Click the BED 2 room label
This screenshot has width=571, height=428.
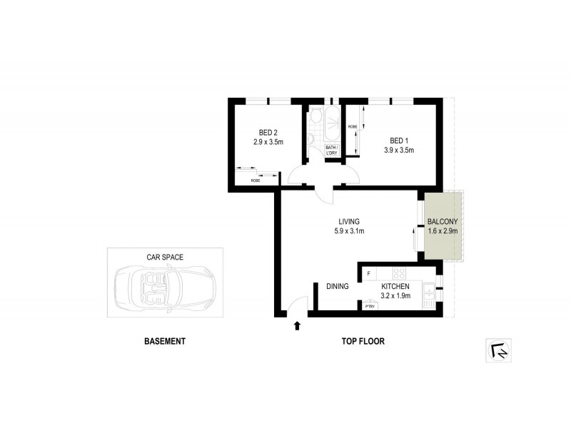pyautogui.click(x=268, y=131)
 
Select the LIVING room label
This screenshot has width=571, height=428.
pyautogui.click(x=350, y=221)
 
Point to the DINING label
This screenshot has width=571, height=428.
pyautogui.click(x=338, y=287)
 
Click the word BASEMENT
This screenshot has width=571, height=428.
pyautogui.click(x=165, y=342)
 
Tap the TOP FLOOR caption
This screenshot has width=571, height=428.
pyautogui.click(x=363, y=342)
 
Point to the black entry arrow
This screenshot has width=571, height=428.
pyautogui.click(x=297, y=327)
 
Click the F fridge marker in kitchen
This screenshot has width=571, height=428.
pyautogui.click(x=368, y=273)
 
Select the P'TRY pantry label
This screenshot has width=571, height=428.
pyautogui.click(x=370, y=306)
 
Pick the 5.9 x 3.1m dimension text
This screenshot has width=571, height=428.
pyautogui.click(x=350, y=231)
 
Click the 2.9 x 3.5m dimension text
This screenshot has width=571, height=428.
pyautogui.click(x=268, y=141)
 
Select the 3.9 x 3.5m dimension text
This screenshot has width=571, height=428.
pyautogui.click(x=399, y=150)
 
